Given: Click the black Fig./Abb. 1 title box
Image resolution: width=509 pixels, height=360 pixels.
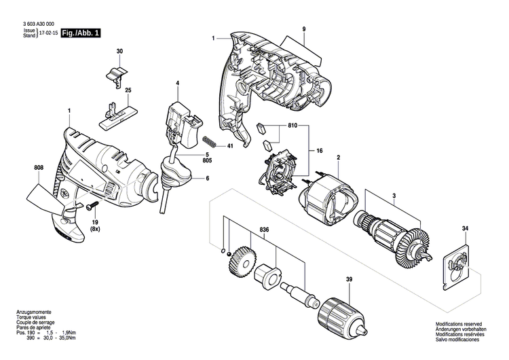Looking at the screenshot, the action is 81,33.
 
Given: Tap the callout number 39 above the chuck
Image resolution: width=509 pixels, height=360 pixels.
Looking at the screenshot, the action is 350,279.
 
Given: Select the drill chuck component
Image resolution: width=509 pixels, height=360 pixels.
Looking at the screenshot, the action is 343,316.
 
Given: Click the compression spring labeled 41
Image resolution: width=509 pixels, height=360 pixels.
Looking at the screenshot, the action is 210,142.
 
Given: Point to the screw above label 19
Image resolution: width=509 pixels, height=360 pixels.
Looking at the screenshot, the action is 92,206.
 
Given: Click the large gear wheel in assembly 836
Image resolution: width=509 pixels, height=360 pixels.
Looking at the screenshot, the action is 242,262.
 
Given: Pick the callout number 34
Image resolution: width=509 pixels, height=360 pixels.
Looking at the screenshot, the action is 465,229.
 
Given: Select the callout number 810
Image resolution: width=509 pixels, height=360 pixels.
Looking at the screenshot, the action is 293,126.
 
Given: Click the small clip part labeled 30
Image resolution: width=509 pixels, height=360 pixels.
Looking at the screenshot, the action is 116,77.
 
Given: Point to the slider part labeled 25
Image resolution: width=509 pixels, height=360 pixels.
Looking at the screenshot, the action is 116,117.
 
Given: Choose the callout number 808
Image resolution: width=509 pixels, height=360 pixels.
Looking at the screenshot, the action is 39,168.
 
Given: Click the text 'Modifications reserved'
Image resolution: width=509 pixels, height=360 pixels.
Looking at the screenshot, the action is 459,324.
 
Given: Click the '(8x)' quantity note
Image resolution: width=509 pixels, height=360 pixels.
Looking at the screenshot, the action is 95,229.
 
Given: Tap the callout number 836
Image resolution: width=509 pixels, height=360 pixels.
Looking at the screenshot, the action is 264,230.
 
